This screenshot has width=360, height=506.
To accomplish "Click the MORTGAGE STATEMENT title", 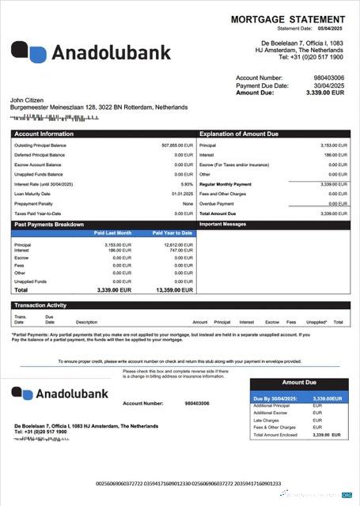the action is pyautogui.click(x=291, y=18).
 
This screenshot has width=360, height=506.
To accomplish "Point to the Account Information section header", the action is pyautogui.click(x=44, y=134).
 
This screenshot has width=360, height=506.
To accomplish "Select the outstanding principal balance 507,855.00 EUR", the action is pyautogui.click(x=177, y=145).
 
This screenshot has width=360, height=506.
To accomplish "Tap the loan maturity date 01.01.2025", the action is pyautogui.click(x=182, y=193).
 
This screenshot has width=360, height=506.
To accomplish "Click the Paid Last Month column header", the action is pyautogui.click(x=113, y=233).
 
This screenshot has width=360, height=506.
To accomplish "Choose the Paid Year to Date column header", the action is pyautogui.click(x=174, y=233).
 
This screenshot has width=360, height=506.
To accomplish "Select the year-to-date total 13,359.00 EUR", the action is pyautogui.click(x=175, y=290).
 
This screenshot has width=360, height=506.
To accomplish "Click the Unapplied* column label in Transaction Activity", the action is pyautogui.click(x=316, y=322).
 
